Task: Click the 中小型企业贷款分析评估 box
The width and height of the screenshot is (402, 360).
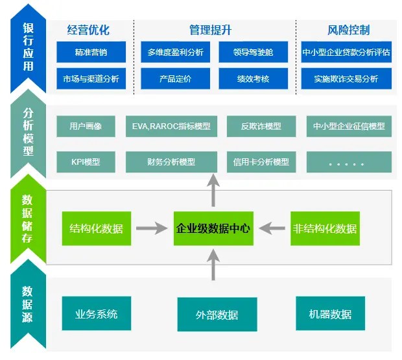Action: (x=346, y=52)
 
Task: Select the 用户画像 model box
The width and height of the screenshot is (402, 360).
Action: (x=86, y=126)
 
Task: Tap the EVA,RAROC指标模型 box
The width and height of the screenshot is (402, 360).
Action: (x=171, y=126)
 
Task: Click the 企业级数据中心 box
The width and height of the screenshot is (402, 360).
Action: (x=213, y=228)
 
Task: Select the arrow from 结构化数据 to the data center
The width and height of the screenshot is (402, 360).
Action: (x=151, y=228)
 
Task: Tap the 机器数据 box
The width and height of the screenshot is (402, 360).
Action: (x=331, y=314)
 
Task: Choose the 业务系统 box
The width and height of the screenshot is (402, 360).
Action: (x=97, y=314)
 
